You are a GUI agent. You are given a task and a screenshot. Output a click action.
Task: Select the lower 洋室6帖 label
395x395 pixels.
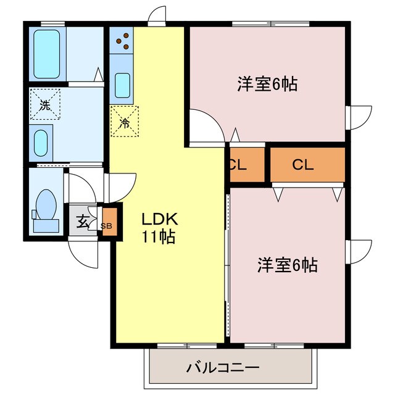point(287,265)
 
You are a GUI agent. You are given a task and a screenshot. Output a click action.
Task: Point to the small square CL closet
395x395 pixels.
point(238,165)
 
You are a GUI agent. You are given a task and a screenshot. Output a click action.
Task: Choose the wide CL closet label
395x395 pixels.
point(303,165)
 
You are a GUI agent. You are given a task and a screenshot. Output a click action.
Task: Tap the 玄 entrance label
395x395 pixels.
point(82,221)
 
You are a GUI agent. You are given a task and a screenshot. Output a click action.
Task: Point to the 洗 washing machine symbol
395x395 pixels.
point(45,104)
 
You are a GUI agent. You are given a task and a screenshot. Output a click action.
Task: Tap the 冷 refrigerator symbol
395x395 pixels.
point(124,122)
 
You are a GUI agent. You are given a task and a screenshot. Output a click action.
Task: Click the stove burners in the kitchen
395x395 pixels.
point(122,41)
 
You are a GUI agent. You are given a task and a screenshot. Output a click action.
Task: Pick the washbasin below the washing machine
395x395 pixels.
point(42,143)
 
